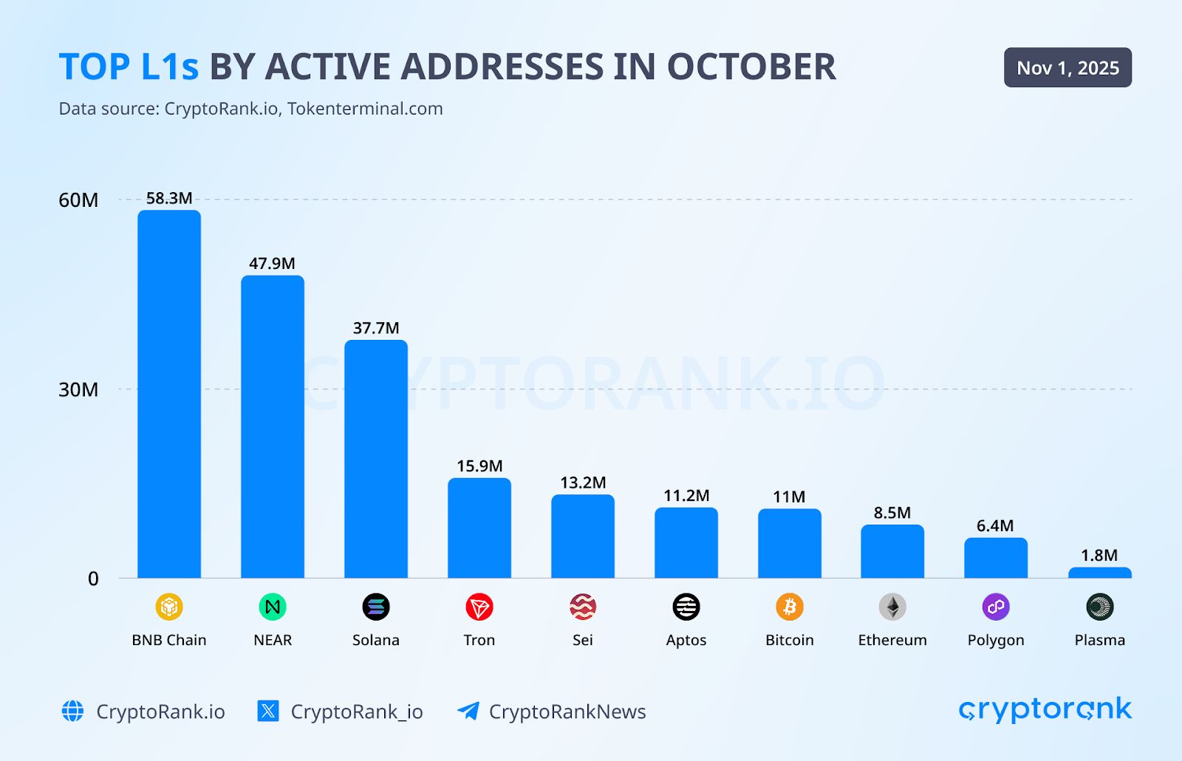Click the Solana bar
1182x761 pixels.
click(375, 459)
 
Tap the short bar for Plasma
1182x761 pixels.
click(1099, 573)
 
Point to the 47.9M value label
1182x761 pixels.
click(272, 264)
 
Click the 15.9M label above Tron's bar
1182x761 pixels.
click(479, 466)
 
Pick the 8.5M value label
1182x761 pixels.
click(892, 513)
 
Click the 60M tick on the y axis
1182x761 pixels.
click(78, 200)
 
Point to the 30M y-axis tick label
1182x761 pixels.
click(78, 390)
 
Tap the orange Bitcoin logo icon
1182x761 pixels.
click(789, 607)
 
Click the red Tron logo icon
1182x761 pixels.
click(479, 607)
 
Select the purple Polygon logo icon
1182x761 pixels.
click(996, 607)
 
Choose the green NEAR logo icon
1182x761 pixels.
click(273, 607)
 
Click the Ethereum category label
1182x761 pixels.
click(892, 641)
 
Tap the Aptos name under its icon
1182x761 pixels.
click(686, 641)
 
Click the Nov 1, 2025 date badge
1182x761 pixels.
click(1067, 68)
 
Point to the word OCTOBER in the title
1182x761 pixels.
click(751, 67)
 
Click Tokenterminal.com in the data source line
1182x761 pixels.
click(365, 109)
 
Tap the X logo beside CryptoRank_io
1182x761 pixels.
click(268, 711)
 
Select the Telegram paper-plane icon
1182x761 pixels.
click(468, 711)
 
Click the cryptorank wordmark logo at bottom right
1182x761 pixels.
click(1045, 710)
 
